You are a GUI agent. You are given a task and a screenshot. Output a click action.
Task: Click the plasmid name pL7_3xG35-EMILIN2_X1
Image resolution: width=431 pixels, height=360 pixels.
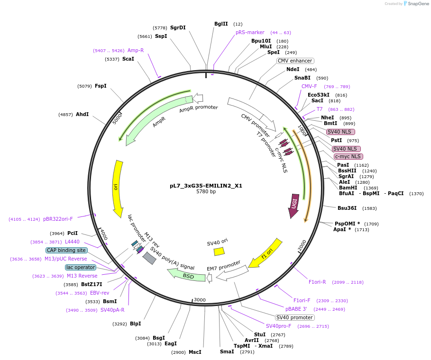pyautogui.click(x=206, y=186)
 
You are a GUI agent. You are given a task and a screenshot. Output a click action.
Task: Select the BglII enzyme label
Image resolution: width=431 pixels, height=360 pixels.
pyautogui.click(x=221, y=24)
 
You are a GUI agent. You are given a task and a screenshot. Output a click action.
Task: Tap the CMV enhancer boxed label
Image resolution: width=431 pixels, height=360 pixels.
pyautogui.click(x=295, y=61)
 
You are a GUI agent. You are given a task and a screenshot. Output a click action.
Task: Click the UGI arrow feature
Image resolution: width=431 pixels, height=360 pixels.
pyautogui.click(x=294, y=206)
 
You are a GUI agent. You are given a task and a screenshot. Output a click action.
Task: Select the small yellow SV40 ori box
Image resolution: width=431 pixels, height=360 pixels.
pyautogui.click(x=219, y=252)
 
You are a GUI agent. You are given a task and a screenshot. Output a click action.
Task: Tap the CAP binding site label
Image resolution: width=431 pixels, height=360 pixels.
pyautogui.click(x=66, y=250)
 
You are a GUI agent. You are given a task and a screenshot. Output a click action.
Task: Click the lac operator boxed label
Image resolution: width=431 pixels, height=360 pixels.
pyautogui.click(x=81, y=267)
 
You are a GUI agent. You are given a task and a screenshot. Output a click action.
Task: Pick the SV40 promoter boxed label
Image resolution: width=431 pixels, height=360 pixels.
pyautogui.click(x=294, y=317)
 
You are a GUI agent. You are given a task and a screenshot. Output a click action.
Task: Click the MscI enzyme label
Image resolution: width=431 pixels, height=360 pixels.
pyautogui.click(x=195, y=352)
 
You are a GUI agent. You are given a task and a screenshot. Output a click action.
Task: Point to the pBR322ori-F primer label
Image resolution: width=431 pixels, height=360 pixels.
pyautogui.click(x=58, y=219)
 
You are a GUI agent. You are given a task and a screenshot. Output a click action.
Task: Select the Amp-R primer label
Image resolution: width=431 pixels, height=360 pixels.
pyautogui.click(x=136, y=50)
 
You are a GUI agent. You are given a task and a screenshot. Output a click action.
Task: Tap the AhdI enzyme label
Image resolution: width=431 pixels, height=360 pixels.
pyautogui.click(x=82, y=115)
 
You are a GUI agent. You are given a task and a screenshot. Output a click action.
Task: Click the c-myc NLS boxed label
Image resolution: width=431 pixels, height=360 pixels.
pyautogui.click(x=348, y=156)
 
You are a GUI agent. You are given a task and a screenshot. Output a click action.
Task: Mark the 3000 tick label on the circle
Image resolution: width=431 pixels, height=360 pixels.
pyautogui.click(x=200, y=300)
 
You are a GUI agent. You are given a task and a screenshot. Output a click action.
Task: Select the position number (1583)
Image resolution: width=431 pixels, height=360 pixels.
pyautogui.click(x=369, y=208)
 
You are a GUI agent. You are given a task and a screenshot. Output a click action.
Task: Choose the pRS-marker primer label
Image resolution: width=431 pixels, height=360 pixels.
pyautogui.click(x=250, y=32)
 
